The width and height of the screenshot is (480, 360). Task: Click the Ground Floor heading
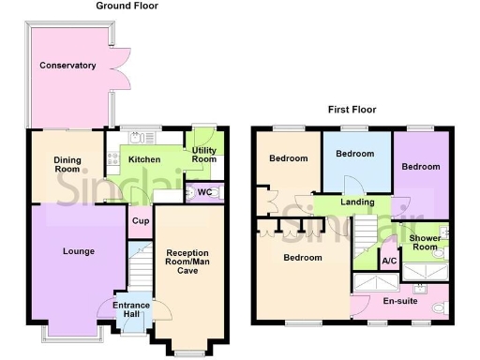tap(127, 6)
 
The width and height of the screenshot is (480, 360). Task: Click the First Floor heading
tap(352, 110)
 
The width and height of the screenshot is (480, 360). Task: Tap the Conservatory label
tap(67, 66)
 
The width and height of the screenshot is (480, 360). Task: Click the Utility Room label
tap(203, 155)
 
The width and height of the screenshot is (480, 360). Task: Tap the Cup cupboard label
tap(140, 221)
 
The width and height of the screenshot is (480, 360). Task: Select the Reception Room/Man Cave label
tap(193, 260)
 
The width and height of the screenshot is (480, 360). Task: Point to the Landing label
tap(356, 202)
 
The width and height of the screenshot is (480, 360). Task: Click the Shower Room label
tap(425, 243)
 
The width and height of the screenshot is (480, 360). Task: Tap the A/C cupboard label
tap(388, 262)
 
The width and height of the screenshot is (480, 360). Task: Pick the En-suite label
tap(398, 301)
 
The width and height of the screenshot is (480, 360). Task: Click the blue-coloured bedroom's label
tap(355, 154)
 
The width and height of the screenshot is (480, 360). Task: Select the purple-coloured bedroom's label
tap(421, 166)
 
